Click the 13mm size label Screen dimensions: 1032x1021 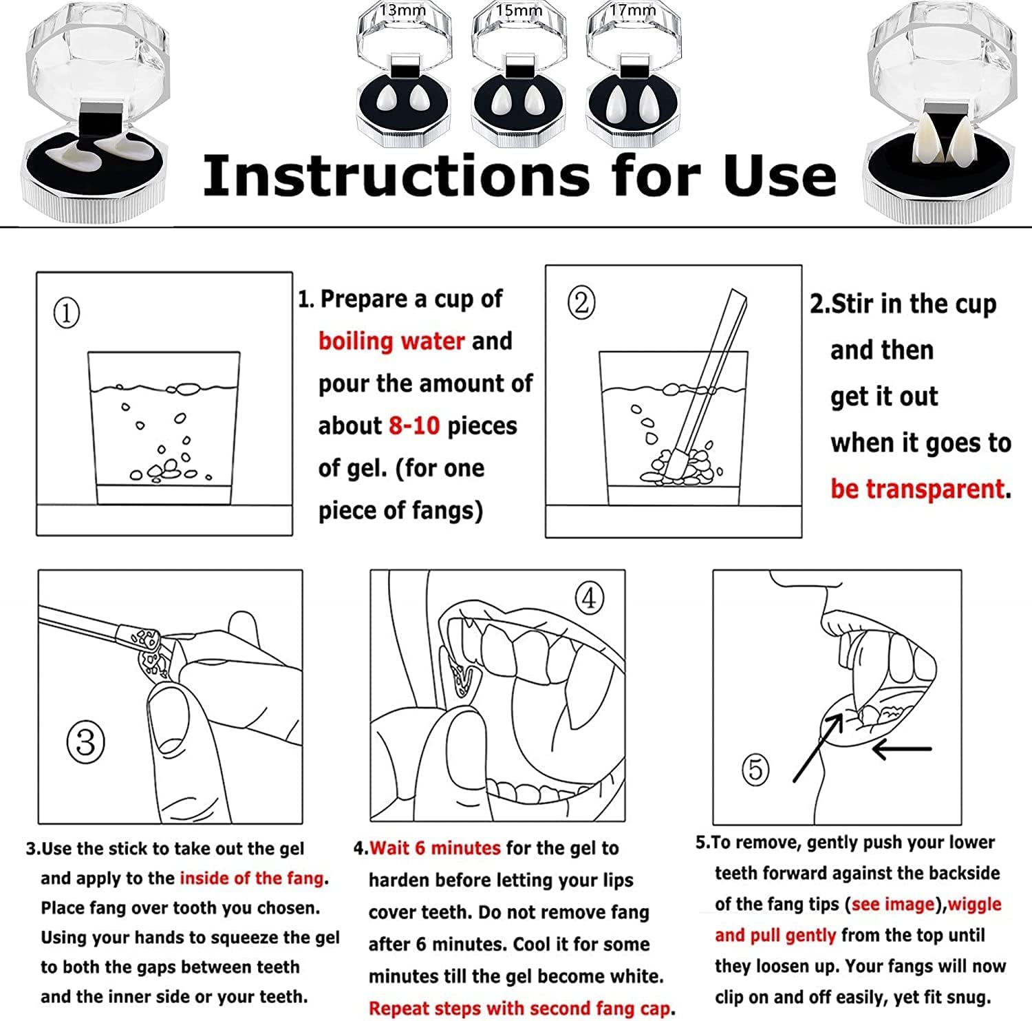(402, 10)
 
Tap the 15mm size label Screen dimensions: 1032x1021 (519, 10)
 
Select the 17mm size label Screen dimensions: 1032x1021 (633, 10)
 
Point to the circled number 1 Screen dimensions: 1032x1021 (67, 313)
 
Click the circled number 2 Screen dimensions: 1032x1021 (581, 302)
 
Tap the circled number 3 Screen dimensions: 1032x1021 (86, 743)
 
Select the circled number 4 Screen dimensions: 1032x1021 (589, 599)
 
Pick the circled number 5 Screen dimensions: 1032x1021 (755, 769)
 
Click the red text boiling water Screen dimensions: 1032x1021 (391, 341)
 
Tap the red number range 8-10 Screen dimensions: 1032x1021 (414, 425)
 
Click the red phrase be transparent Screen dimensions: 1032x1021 (918, 489)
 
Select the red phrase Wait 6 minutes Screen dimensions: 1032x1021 (435, 848)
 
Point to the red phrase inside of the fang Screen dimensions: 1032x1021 (252, 878)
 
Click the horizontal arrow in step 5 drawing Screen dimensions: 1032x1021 (902, 748)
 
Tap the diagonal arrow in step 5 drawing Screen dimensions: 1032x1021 (818, 748)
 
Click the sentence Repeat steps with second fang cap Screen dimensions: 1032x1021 (519, 1009)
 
